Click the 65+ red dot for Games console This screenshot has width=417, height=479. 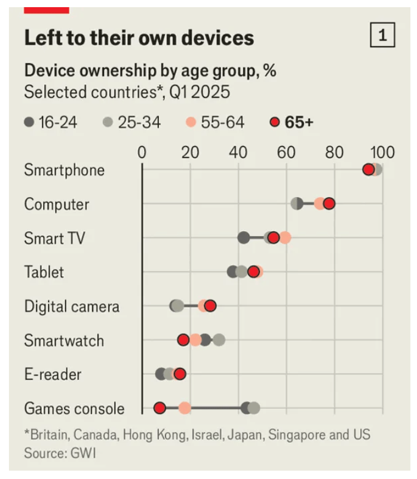click(x=160, y=408)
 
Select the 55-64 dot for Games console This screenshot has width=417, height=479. click(x=185, y=408)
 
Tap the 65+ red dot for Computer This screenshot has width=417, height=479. click(x=329, y=204)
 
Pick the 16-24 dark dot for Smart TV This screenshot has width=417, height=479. click(x=243, y=238)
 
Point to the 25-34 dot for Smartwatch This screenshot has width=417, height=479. click(x=219, y=340)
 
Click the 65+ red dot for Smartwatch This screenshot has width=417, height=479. click(x=183, y=340)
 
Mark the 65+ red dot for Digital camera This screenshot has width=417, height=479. click(x=210, y=306)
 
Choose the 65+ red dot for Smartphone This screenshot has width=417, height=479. click(x=369, y=170)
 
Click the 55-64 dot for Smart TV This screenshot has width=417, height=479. click(x=285, y=238)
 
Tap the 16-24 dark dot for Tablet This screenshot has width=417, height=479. click(x=232, y=272)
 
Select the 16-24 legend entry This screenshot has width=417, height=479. click(x=51, y=123)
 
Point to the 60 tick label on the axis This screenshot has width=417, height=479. click(x=287, y=152)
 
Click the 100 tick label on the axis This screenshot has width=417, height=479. click(x=382, y=152)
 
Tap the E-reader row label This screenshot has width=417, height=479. click(x=53, y=374)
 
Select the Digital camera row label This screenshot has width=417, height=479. click(x=72, y=306)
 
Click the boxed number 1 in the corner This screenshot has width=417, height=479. click(x=383, y=36)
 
